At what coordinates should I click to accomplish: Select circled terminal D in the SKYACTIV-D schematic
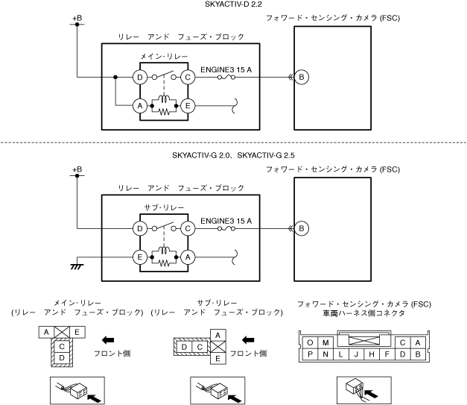(139, 77)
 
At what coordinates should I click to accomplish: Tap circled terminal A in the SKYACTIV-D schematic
(139, 107)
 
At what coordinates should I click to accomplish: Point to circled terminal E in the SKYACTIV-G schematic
(139, 257)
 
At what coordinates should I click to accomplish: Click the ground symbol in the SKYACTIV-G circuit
(76, 266)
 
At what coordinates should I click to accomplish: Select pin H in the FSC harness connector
(372, 354)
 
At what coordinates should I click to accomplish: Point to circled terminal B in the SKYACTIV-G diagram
(301, 227)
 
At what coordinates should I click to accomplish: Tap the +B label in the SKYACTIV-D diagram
(77, 16)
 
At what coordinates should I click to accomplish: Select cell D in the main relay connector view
(63, 358)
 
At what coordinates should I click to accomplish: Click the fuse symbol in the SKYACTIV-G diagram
(226, 227)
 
